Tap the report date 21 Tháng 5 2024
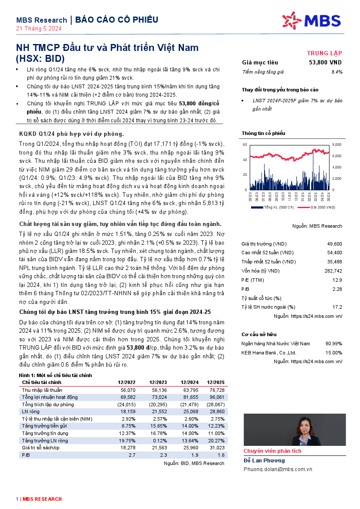(x=39, y=29)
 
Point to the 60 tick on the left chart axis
(x=245, y=144)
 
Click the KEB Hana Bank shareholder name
(x=268, y=353)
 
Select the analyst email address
(x=278, y=469)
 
